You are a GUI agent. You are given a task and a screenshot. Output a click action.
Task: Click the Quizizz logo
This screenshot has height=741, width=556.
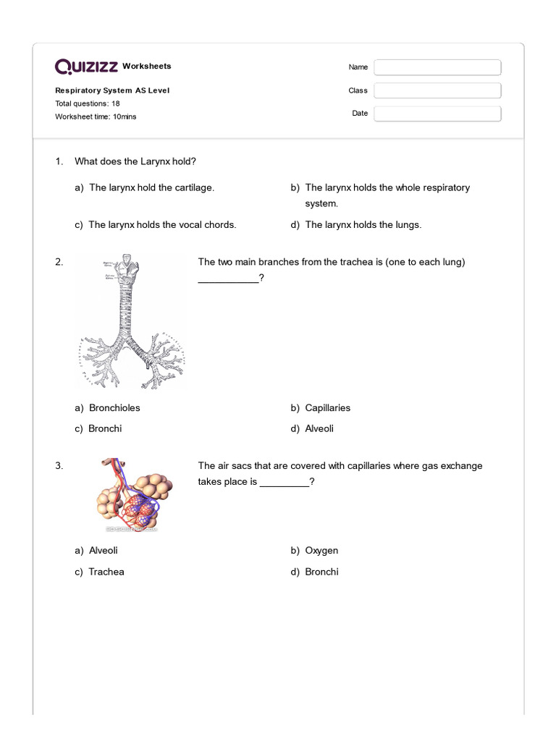click(87, 67)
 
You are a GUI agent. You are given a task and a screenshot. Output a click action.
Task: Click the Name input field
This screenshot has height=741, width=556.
click(437, 67)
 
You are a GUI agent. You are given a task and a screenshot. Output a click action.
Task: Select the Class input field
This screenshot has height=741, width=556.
click(437, 90)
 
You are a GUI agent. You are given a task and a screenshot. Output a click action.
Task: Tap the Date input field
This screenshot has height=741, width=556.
click(437, 114)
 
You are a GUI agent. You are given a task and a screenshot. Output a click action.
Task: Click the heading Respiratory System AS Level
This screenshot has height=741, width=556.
click(112, 90)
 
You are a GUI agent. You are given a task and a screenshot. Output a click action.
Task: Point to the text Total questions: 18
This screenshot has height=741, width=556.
click(88, 103)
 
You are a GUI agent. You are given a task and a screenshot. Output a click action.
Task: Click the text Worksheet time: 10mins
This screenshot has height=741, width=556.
click(96, 117)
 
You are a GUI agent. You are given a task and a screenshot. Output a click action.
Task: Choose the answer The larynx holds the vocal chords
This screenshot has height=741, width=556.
click(161, 225)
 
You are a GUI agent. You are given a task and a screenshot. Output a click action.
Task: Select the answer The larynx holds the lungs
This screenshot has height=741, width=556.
click(363, 225)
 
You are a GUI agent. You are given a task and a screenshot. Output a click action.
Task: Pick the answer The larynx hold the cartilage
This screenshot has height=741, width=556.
click(151, 187)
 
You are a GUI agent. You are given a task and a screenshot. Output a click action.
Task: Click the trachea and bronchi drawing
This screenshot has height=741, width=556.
click(131, 322)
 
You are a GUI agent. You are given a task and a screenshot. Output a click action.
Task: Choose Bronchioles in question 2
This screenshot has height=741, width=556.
click(114, 408)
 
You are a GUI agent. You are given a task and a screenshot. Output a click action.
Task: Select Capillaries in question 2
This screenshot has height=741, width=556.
click(327, 408)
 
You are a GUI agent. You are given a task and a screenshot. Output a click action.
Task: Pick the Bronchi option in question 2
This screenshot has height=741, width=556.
click(105, 428)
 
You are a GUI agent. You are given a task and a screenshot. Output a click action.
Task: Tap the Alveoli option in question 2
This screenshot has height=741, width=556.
click(319, 428)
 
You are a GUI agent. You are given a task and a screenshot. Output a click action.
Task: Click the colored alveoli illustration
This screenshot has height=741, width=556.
click(132, 496)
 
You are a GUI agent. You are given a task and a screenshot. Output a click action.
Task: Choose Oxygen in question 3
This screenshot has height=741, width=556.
click(321, 551)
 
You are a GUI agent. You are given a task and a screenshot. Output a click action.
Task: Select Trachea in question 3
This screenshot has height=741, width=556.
click(106, 572)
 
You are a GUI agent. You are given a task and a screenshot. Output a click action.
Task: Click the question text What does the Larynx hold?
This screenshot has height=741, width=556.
click(135, 161)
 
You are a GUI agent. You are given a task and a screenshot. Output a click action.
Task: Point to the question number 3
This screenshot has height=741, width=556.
click(59, 466)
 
